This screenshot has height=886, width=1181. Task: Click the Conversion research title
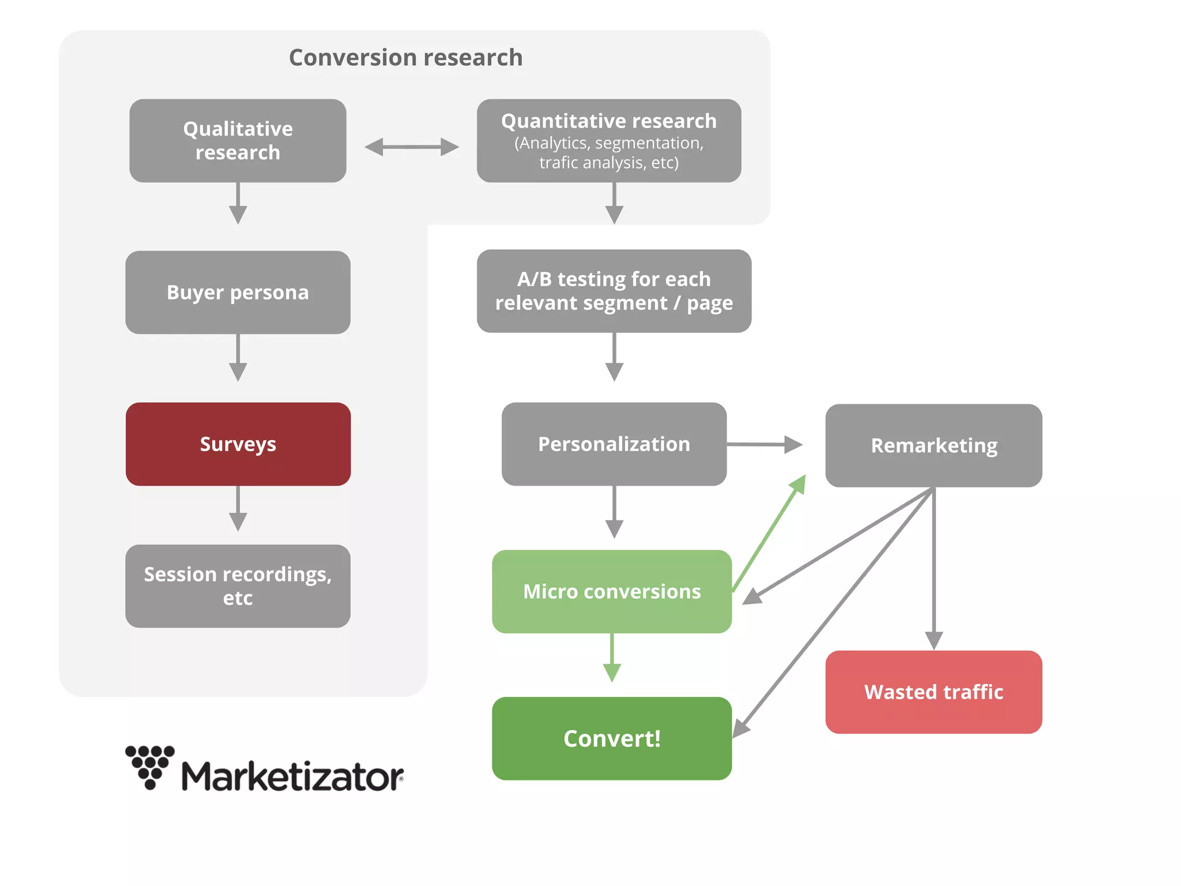coord(405,58)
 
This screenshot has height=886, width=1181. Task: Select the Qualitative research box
coord(238,141)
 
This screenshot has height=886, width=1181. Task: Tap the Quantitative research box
coord(608,141)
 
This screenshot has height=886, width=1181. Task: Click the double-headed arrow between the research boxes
coord(412,147)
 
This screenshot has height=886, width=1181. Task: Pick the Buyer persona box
coord(238,292)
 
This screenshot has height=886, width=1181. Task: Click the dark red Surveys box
coord(238,444)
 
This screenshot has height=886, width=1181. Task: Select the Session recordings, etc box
coord(238,586)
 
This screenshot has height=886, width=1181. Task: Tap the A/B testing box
coord(614,291)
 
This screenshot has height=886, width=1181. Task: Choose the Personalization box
coord(614,444)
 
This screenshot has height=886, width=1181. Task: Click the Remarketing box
coord(933,445)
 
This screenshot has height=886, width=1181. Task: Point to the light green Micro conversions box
coord(611,592)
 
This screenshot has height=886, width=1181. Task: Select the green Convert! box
coord(611,738)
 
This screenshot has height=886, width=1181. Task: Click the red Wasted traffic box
coord(933,692)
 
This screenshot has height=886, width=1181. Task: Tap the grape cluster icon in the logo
coord(150,766)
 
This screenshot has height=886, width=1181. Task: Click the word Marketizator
coord(292,776)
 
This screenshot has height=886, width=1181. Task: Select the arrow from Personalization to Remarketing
coord(764,444)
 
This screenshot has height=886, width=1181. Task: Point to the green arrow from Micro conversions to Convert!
coord(612,658)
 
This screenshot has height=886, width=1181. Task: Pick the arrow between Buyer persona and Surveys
coord(238,358)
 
